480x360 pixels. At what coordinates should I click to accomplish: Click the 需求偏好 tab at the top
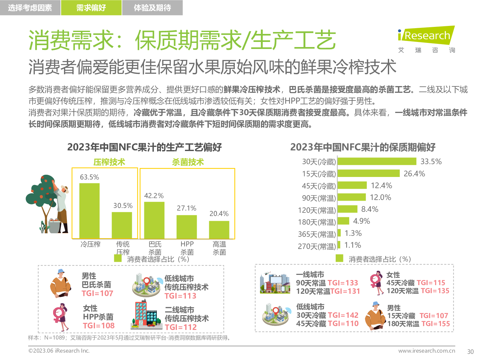[91, 8]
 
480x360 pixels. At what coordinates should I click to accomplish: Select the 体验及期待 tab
[152, 8]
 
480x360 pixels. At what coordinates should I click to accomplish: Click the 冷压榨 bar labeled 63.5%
[89, 211]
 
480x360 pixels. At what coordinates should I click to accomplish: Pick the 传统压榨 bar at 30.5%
[122, 225]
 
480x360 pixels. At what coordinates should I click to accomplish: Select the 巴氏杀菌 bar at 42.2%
[154, 220]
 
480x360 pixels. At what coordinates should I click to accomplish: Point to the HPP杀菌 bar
[187, 227]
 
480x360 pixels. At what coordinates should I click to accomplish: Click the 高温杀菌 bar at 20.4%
[219, 229]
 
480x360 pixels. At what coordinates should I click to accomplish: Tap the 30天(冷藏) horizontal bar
[377, 161]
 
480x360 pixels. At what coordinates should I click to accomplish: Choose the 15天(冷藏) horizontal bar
[368, 173]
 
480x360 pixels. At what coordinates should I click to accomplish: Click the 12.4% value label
[381, 186]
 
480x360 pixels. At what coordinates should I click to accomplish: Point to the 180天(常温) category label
[317, 222]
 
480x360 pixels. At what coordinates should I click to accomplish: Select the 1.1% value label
[353, 245]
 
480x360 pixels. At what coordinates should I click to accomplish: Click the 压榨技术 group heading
[109, 162]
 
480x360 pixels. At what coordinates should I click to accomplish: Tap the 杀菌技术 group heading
[188, 162]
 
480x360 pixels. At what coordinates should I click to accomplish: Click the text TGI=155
[436, 324]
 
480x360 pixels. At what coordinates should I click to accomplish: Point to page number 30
[470, 352]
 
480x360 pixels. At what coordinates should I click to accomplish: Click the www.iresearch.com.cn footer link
[427, 351]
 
